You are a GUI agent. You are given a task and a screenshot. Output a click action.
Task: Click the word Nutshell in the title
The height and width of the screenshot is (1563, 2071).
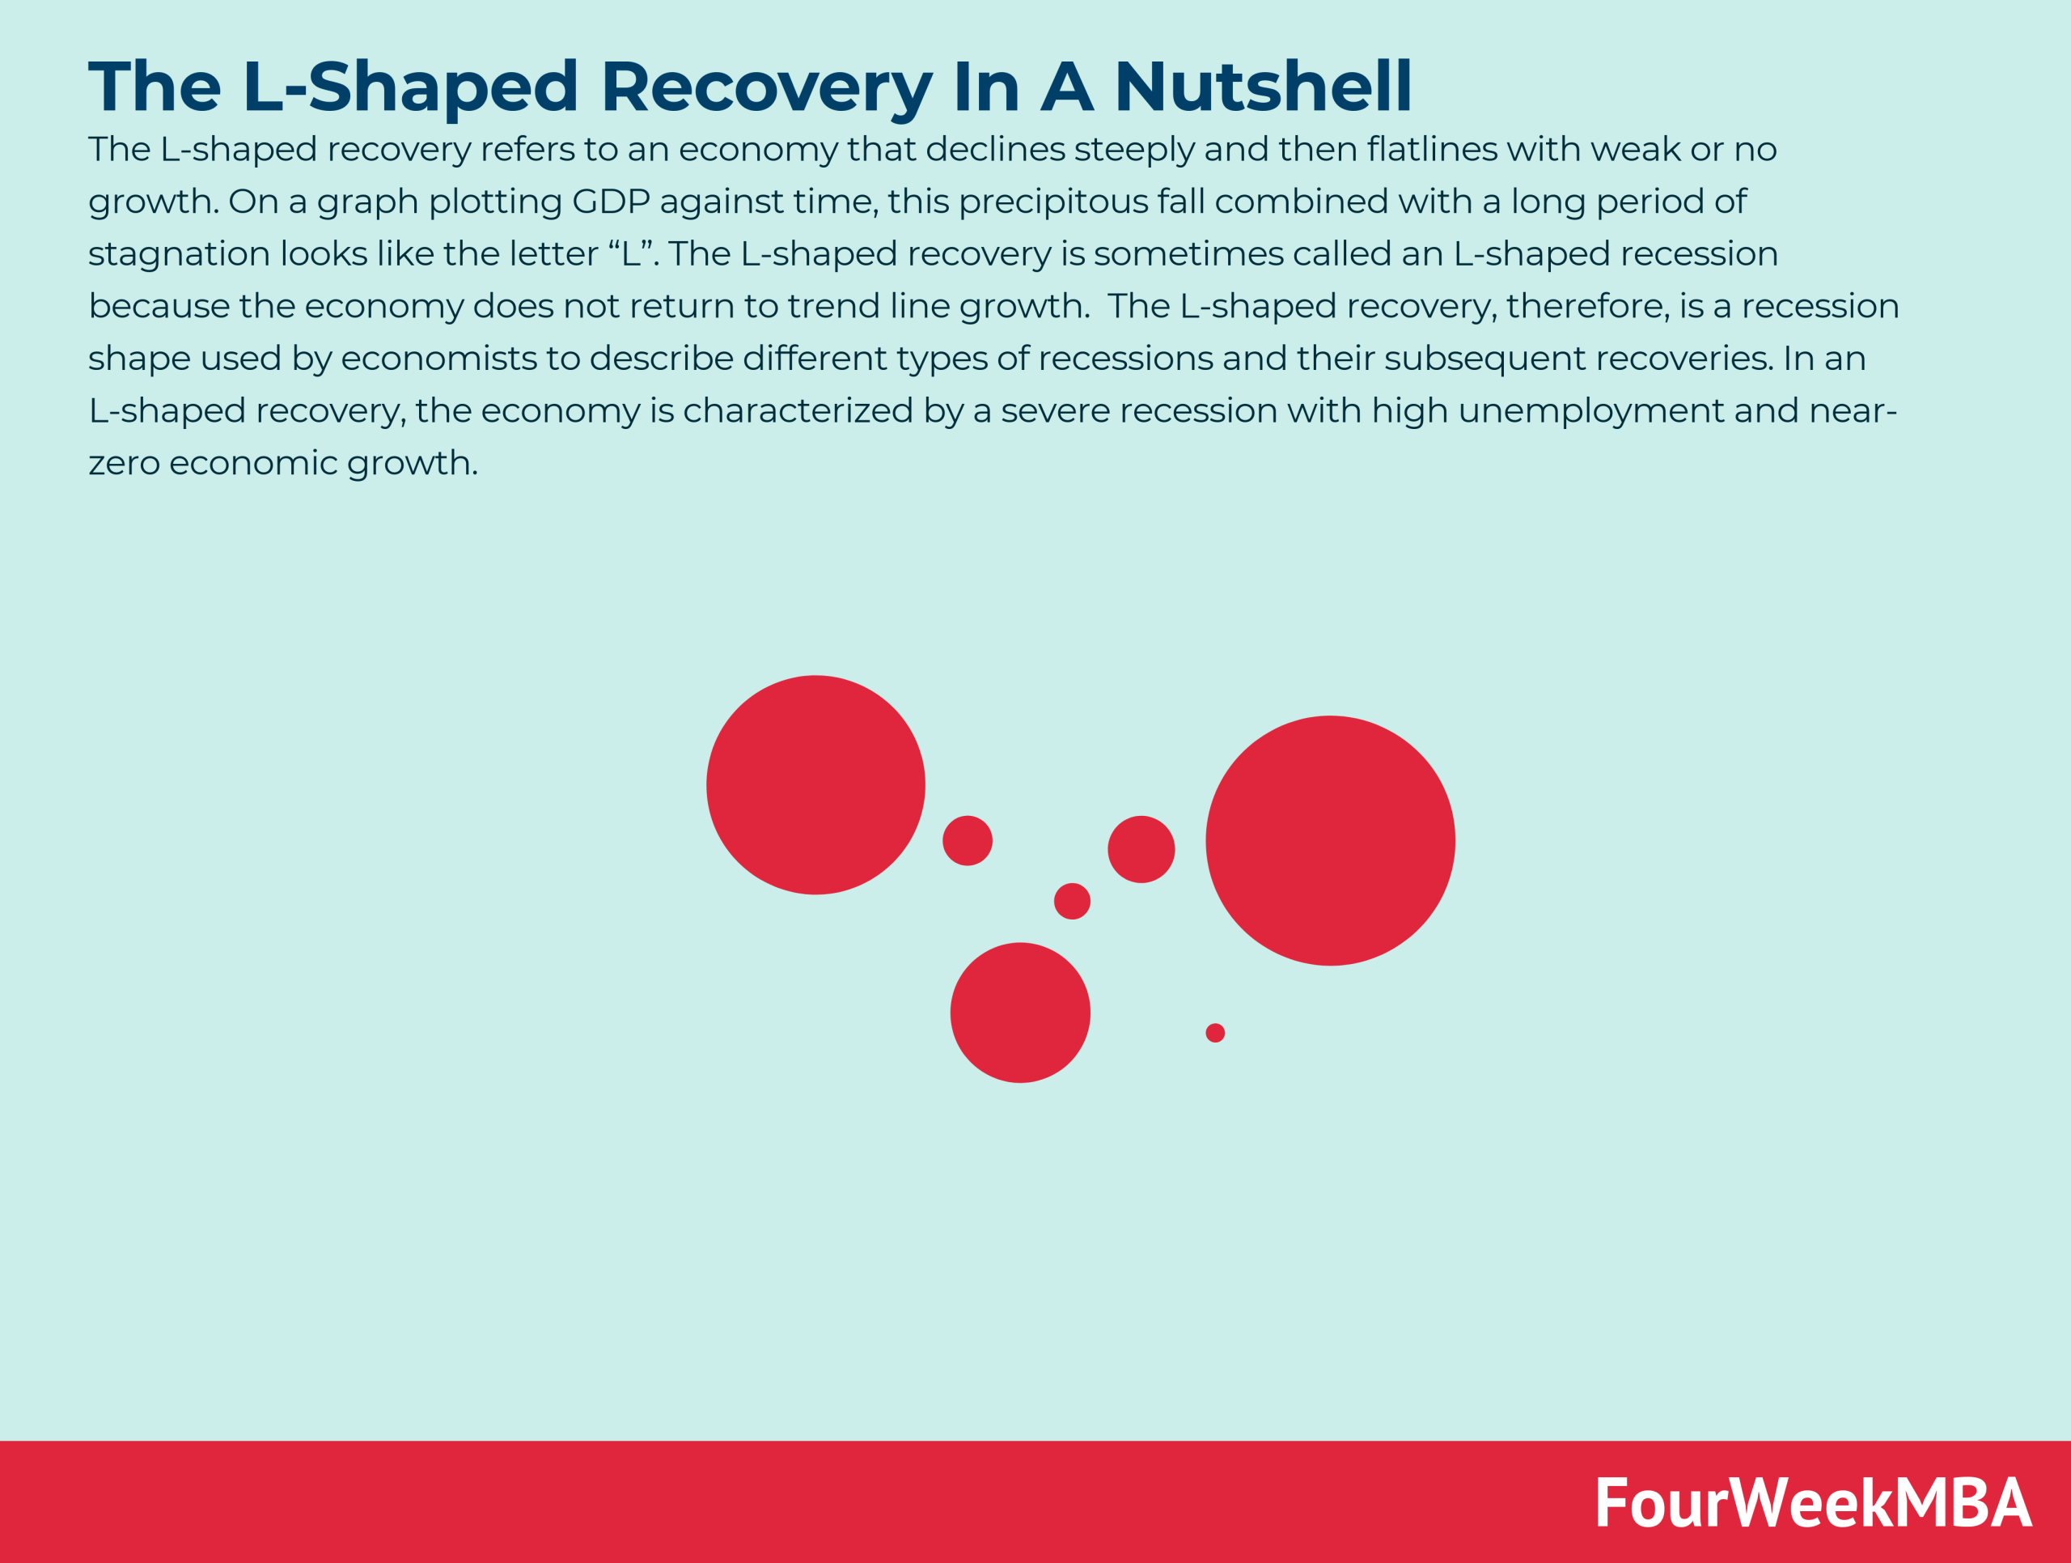(x=1262, y=86)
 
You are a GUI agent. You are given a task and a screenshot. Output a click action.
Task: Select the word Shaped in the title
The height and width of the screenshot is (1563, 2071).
(x=443, y=86)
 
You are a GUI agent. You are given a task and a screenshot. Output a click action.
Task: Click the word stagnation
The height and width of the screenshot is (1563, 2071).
(x=179, y=254)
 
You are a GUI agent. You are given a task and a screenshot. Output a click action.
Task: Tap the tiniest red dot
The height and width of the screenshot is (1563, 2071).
(x=1214, y=1032)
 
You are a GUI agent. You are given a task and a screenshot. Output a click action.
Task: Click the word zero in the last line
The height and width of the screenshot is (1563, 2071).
(x=124, y=463)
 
